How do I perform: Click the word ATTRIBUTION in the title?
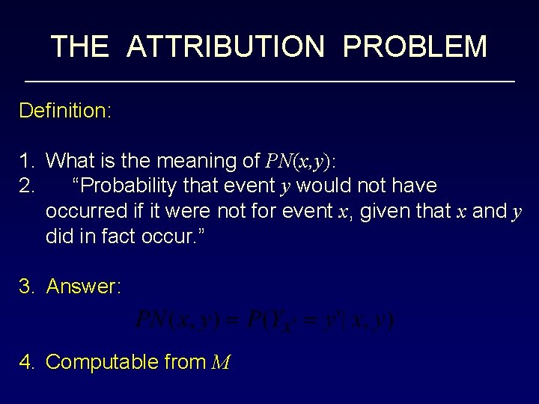coord(226,46)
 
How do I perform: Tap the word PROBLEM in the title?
coord(415,46)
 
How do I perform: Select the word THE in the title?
coord(79,46)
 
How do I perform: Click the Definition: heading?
coord(65,111)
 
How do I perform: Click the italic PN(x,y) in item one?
coord(301,161)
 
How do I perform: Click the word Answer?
coord(83,287)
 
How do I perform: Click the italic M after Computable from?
coord(221,363)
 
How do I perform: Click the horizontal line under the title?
coord(269,81)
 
